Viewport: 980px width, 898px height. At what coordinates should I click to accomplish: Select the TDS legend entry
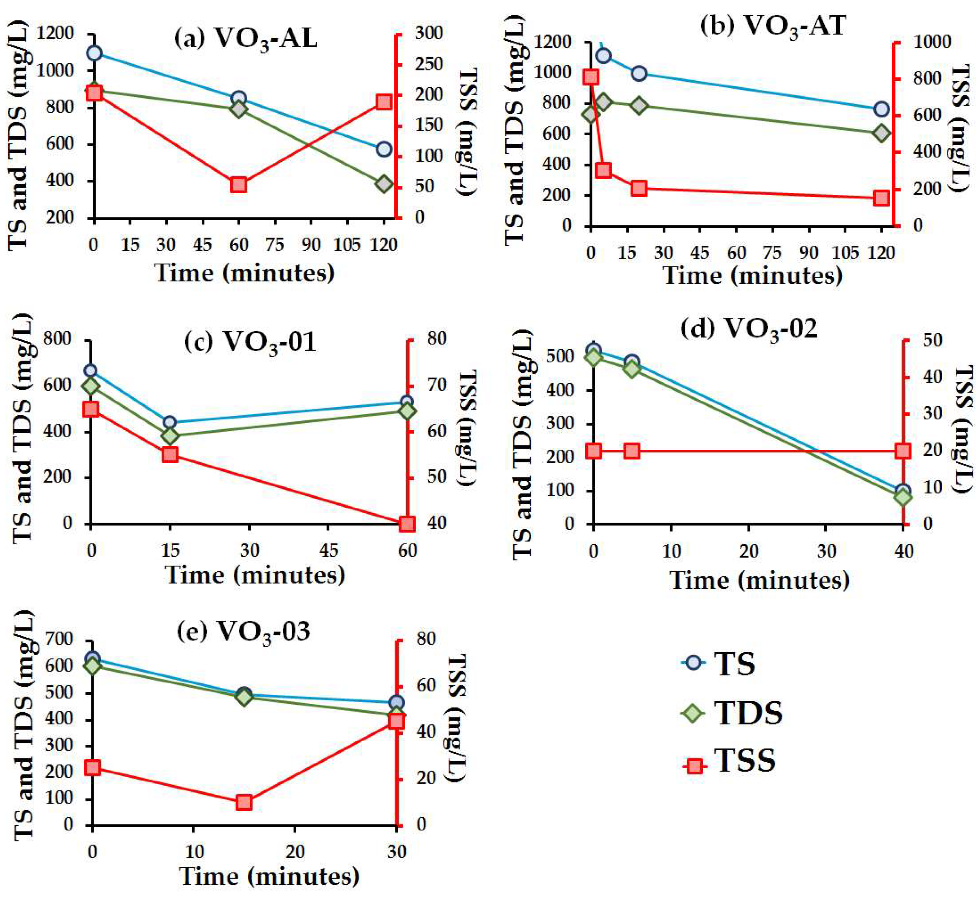[x=732, y=714]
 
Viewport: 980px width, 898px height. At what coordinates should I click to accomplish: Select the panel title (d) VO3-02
[x=749, y=330]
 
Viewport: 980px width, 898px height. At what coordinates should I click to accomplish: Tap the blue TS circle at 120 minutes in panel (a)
[x=384, y=149]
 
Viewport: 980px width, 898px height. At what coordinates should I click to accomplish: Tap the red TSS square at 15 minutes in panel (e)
[x=244, y=802]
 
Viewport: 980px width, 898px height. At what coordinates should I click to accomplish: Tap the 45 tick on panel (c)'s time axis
[x=329, y=550]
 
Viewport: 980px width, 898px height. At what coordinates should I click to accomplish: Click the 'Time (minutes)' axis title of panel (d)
[x=760, y=580]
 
